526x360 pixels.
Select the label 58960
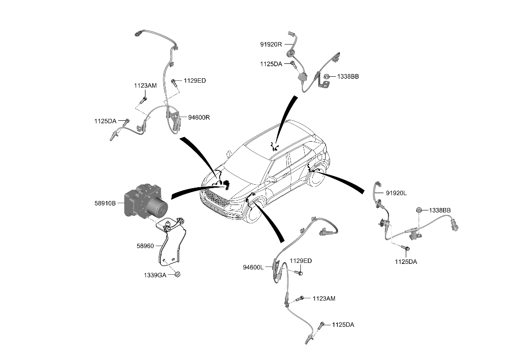click(x=146, y=245)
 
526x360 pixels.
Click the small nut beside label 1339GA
click(x=178, y=274)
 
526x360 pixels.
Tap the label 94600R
click(x=199, y=117)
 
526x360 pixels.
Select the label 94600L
click(x=254, y=267)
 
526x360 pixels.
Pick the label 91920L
click(x=396, y=193)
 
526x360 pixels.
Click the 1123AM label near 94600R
click(x=145, y=86)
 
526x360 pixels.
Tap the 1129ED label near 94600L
click(x=301, y=261)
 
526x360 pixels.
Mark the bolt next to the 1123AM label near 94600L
click(x=299, y=299)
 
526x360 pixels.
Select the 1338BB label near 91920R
click(x=348, y=77)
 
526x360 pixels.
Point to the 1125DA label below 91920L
click(x=405, y=261)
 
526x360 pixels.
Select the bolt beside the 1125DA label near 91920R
click(x=293, y=64)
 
